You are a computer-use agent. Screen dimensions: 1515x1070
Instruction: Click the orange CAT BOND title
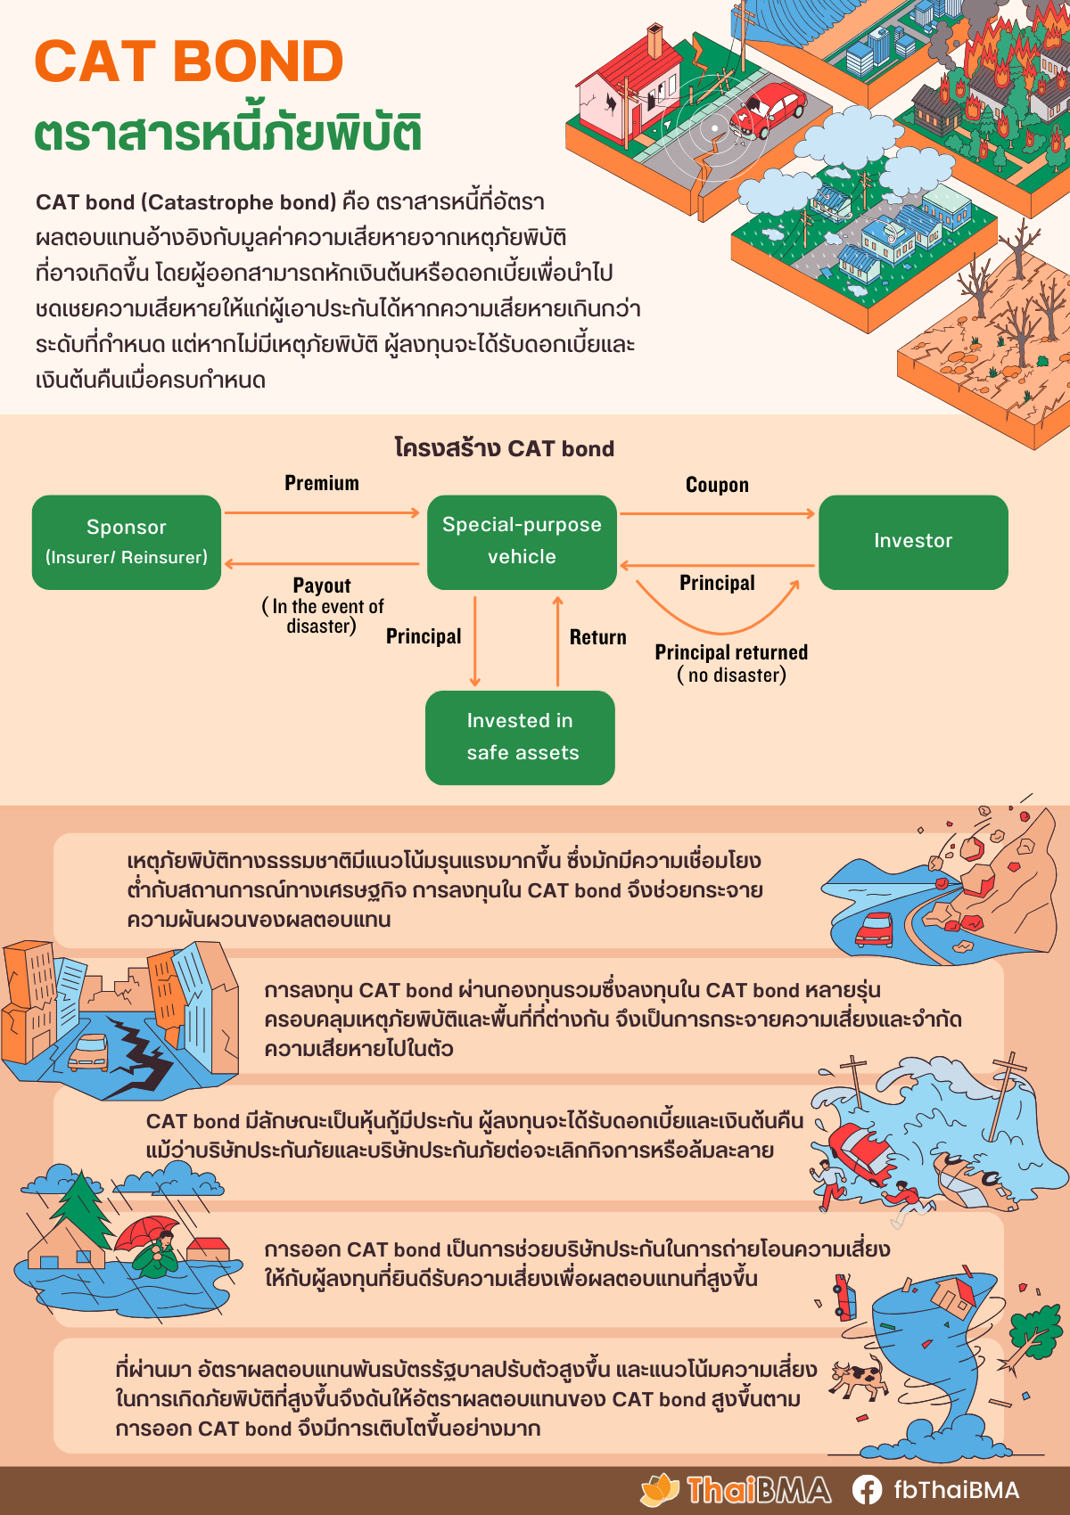click(x=189, y=61)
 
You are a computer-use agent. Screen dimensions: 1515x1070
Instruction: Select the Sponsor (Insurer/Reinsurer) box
click(x=127, y=542)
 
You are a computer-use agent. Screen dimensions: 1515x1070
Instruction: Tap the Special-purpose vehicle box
click(x=522, y=542)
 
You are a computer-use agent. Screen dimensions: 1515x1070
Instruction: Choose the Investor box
click(x=913, y=542)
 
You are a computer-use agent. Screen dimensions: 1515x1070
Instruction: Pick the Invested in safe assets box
click(x=520, y=737)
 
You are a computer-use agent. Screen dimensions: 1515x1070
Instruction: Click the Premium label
click(x=322, y=483)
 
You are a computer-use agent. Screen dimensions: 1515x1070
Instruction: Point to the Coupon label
click(x=717, y=485)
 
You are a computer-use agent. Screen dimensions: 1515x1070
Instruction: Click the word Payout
click(x=322, y=586)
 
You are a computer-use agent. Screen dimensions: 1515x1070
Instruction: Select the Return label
click(x=597, y=637)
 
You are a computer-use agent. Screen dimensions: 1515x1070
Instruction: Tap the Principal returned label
click(x=731, y=652)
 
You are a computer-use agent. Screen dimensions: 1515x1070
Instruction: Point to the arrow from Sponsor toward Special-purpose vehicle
click(x=322, y=512)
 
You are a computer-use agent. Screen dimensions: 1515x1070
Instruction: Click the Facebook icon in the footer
click(x=867, y=1489)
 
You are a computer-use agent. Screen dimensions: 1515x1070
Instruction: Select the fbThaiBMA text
click(x=956, y=1489)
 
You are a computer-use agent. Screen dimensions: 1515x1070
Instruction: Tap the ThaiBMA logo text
click(x=758, y=1489)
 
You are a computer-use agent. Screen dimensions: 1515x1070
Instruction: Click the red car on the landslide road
click(x=875, y=929)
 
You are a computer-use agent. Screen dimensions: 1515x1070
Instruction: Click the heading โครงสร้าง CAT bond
click(x=505, y=448)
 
